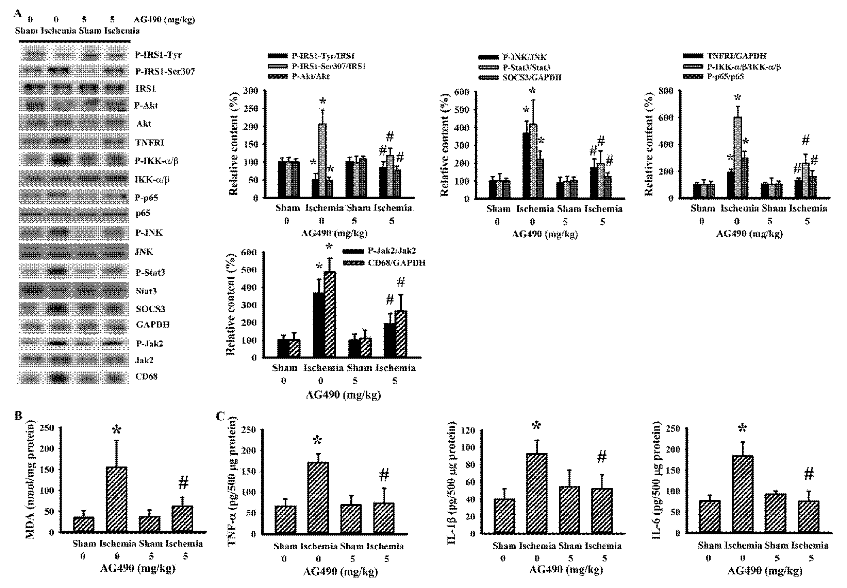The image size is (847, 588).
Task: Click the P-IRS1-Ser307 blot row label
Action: [x=165, y=71]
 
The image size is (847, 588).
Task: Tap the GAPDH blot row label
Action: [x=153, y=325]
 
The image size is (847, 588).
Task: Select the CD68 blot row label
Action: [x=146, y=376]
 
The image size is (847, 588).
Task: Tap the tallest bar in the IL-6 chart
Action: [x=742, y=494]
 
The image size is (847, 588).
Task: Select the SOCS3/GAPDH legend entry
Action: [x=532, y=78]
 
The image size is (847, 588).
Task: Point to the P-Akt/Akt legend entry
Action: [x=311, y=76]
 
